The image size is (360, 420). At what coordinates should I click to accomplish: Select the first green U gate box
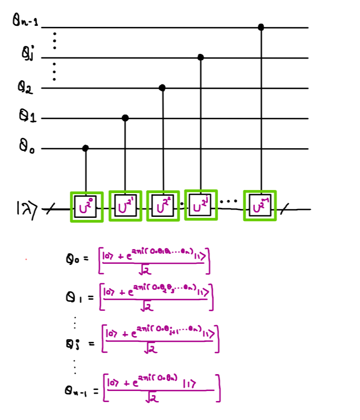tap(87, 206)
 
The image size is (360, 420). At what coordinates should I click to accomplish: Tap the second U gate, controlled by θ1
tap(125, 206)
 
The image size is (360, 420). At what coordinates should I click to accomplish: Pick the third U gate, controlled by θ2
tap(163, 206)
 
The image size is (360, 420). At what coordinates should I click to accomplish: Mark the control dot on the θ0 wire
tap(86, 149)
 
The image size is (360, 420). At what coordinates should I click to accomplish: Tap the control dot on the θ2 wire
tap(162, 88)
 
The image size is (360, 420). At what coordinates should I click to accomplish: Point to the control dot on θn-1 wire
tap(261, 26)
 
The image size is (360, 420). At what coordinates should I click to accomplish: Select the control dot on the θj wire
tap(201, 57)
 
